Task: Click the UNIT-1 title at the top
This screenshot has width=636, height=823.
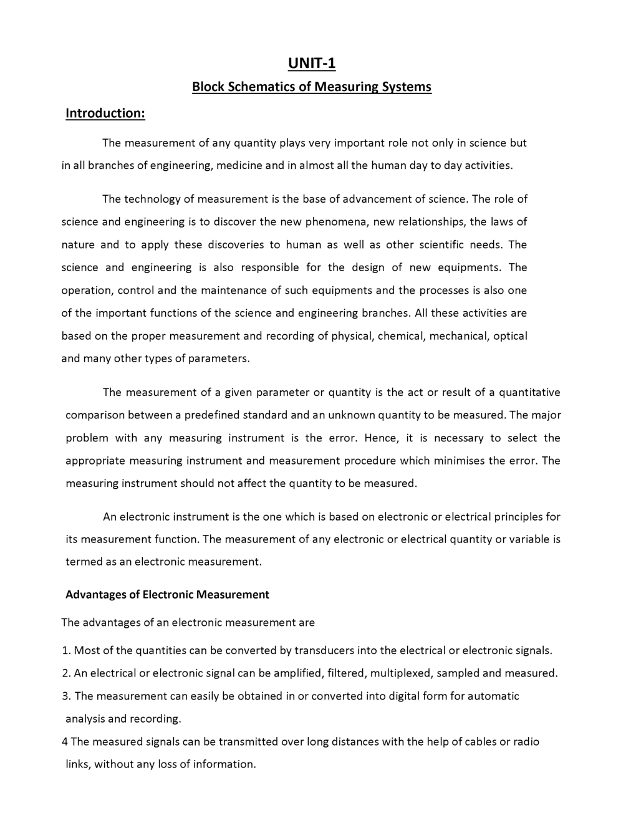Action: tap(311, 64)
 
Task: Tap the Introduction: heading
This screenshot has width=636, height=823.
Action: tap(105, 113)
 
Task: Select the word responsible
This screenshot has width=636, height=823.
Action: tap(270, 267)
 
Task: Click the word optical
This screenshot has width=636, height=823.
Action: tap(510, 336)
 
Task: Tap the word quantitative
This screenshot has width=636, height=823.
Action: tap(529, 392)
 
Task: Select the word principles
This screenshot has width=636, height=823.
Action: tap(519, 517)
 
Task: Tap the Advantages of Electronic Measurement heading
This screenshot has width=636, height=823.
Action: tap(167, 595)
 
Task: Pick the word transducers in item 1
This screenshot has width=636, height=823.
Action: tap(324, 651)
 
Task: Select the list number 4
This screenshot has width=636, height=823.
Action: tap(65, 742)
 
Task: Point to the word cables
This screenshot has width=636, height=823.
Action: tap(480, 742)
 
